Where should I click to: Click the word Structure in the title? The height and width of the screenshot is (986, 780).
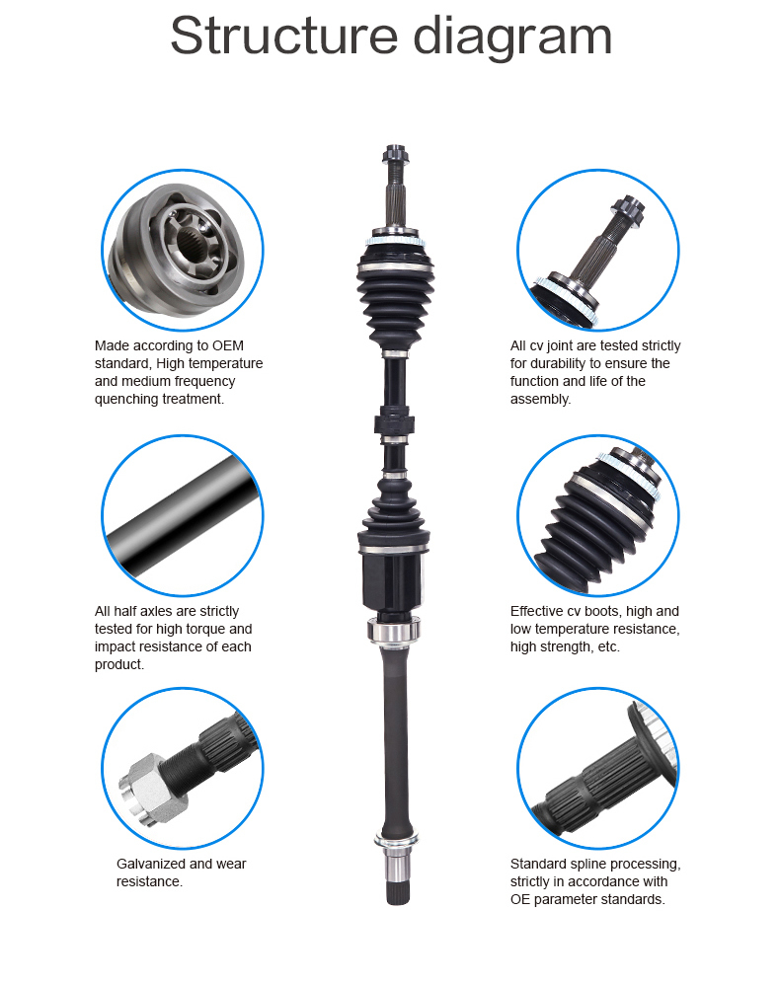[283, 36]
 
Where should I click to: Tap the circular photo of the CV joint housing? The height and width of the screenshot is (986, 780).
[183, 250]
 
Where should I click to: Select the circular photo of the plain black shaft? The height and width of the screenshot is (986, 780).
[183, 515]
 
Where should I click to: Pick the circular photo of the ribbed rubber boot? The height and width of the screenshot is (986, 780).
[597, 515]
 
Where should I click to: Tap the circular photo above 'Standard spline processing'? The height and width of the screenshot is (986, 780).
[597, 769]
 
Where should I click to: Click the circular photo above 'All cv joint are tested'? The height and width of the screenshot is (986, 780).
[597, 250]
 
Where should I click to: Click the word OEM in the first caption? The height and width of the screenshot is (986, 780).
[228, 345]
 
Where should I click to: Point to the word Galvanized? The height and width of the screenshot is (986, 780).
[151, 864]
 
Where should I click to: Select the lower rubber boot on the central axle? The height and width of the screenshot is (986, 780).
[394, 513]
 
